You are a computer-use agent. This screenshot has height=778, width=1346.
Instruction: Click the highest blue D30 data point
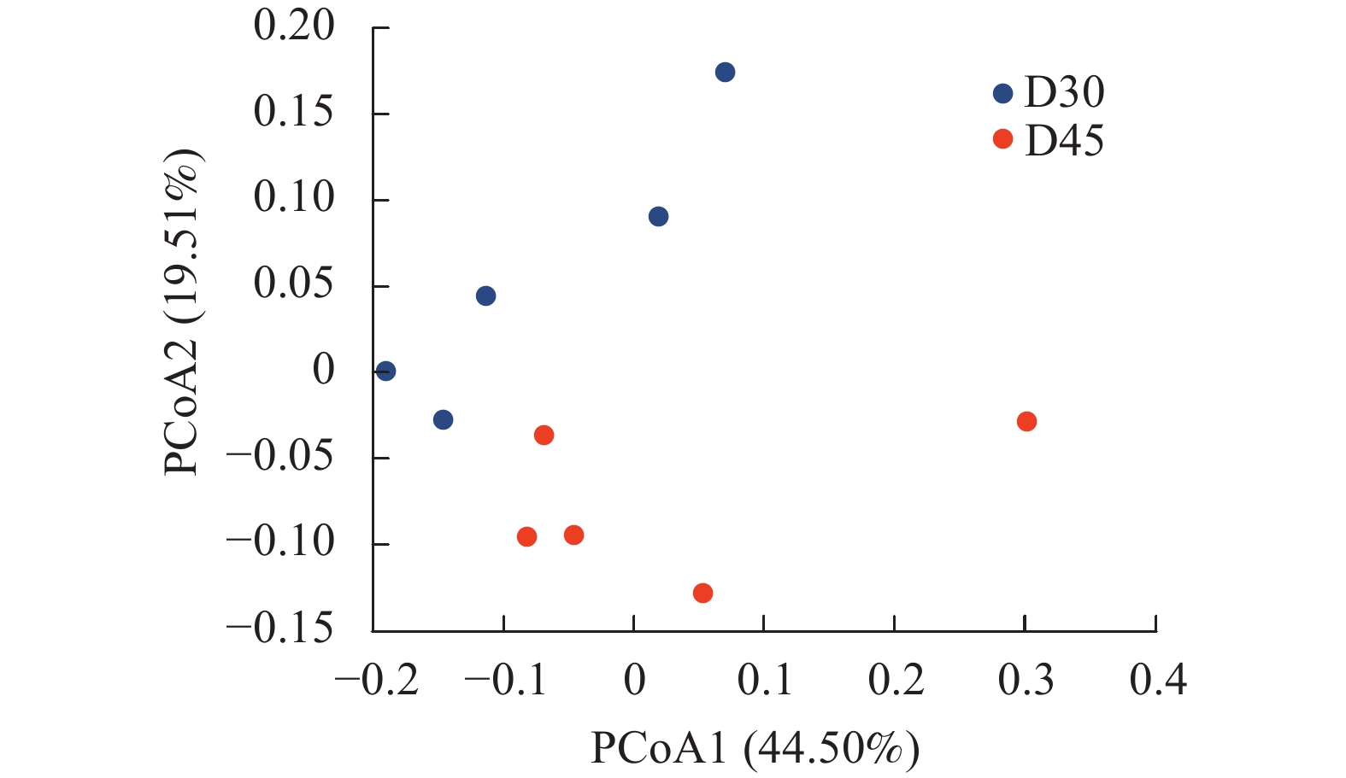coord(725,73)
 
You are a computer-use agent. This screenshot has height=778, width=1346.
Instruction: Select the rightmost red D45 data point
coord(1026,421)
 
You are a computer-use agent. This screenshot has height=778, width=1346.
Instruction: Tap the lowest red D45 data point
coord(702,593)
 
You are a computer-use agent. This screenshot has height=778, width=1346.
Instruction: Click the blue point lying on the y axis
coord(385,371)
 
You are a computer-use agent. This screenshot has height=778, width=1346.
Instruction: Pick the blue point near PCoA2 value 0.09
coord(658,217)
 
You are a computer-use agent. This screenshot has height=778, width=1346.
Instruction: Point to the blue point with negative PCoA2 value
coord(443,419)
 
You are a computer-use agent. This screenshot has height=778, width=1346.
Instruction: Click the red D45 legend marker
coord(1002,139)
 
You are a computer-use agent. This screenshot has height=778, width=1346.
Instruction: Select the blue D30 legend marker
coord(1002,93)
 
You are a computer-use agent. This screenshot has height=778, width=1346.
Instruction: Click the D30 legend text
coord(1064,92)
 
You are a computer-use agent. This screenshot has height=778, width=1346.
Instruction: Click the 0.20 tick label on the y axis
coord(294,26)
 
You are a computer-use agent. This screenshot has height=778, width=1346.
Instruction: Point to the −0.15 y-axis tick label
coord(279,629)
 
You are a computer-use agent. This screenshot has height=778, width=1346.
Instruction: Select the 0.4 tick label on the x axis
coord(1158,681)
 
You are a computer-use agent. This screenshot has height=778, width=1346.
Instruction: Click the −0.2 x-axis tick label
coord(377,681)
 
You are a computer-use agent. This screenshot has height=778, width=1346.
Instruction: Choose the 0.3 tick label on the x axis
coord(1026,681)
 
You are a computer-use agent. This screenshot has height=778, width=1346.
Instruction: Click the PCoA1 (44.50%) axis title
coord(755,748)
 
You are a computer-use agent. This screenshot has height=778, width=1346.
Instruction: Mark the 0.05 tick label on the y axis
coord(294,284)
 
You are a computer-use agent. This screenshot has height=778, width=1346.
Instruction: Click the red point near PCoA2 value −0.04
coord(544,436)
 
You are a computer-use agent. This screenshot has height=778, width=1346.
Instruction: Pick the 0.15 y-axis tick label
coord(294,112)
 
